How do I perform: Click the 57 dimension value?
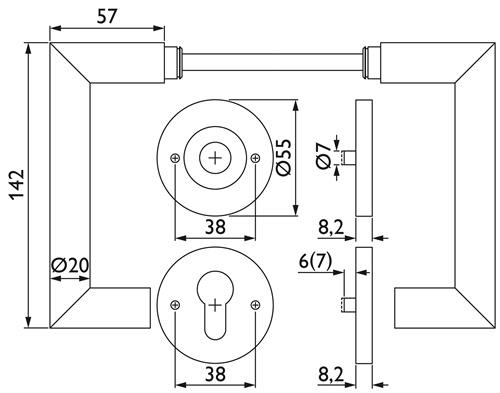click(111, 17)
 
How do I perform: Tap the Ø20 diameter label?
click(69, 266)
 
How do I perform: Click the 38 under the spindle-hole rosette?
click(215, 228)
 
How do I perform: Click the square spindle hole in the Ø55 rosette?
click(215, 157)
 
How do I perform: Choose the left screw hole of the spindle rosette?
click(175, 158)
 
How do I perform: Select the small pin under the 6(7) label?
click(346, 303)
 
